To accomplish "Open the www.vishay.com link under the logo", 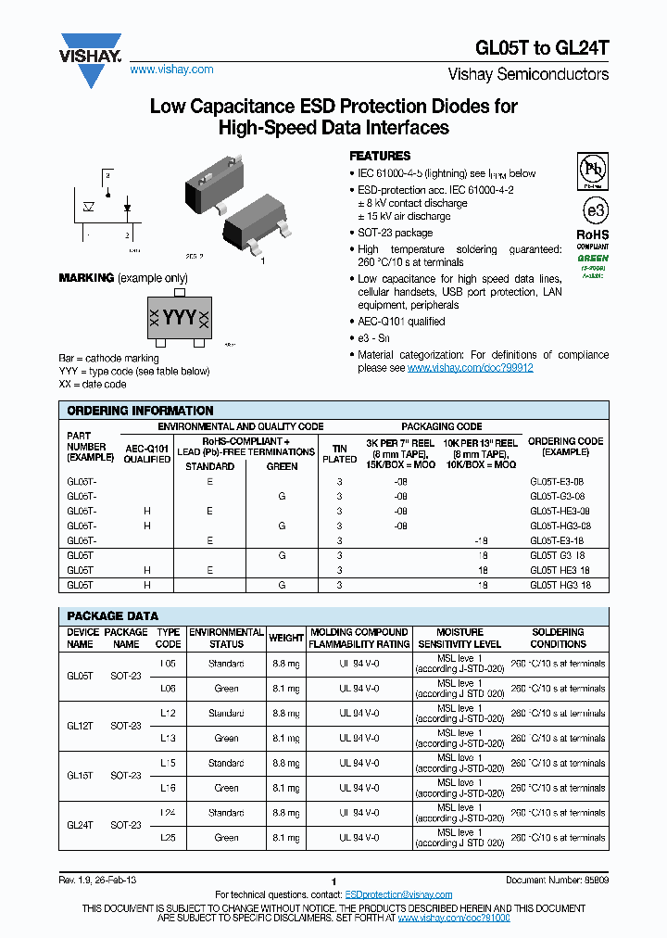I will point(171,70).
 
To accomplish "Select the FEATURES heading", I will point(380,156).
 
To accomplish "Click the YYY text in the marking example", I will point(180,318).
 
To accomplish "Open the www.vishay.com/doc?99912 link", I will point(470,368).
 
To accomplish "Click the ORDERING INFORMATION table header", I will point(140,411).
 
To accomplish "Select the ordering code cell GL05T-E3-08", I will point(559,483).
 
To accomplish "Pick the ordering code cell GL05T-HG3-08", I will point(559,526).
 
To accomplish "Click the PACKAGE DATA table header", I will point(112,616).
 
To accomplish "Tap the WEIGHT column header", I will point(286,638).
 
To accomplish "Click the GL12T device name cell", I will point(80,726).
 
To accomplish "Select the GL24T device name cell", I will point(80,825).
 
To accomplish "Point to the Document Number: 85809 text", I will point(557,879).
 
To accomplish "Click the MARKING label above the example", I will point(86,278).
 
